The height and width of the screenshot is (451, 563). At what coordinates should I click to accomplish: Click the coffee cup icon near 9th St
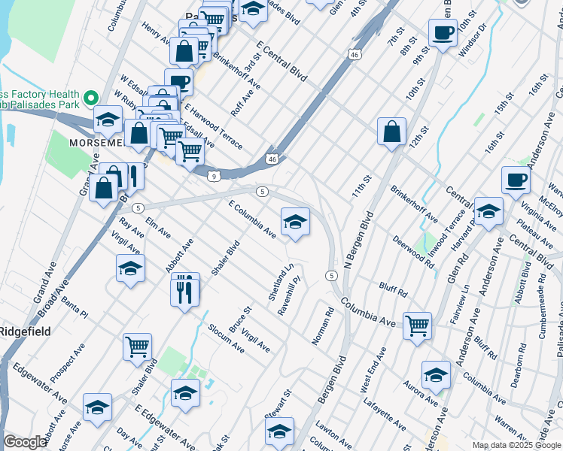click(x=443, y=32)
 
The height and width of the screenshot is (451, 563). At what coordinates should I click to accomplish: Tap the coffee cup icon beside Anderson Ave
click(x=516, y=180)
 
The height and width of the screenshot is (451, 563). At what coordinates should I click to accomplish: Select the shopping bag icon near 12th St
click(x=392, y=132)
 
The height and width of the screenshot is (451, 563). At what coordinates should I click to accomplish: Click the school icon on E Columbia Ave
click(x=295, y=222)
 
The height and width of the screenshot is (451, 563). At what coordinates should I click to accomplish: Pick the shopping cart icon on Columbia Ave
click(x=418, y=326)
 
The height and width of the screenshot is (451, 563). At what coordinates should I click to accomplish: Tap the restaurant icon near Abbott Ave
click(x=185, y=287)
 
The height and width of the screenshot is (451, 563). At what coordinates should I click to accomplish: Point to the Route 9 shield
click(x=215, y=176)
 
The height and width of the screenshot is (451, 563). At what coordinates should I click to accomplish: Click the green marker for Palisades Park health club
click(x=91, y=98)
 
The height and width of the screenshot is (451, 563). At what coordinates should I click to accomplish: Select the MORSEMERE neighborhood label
click(x=96, y=142)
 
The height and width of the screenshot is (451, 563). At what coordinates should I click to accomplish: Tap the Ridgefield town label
click(x=24, y=331)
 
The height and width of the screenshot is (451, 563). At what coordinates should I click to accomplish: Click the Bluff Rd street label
click(x=393, y=290)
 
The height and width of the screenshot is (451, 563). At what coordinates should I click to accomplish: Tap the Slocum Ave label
click(x=227, y=338)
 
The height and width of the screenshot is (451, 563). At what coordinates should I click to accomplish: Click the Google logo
click(x=25, y=442)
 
